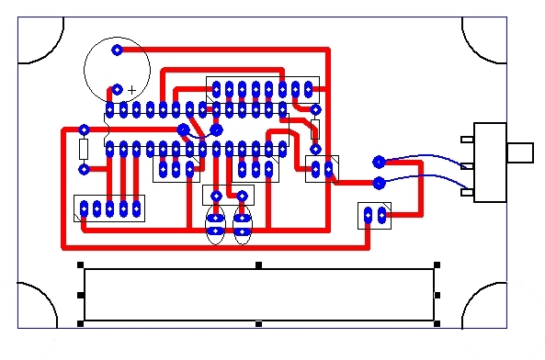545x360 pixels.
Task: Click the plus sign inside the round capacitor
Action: tap(131, 90)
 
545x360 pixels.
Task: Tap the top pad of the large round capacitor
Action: tap(117, 50)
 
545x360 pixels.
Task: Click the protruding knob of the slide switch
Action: tap(522, 152)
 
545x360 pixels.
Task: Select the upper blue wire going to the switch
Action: tap(423, 157)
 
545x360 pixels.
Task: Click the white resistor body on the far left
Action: tap(84, 149)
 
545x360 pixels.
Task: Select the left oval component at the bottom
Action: tap(215, 225)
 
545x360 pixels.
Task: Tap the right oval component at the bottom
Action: tap(243, 225)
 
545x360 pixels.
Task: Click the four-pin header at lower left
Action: tap(109, 208)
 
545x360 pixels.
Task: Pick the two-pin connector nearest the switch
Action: tap(374, 216)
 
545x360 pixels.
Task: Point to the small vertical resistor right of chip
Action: tap(315, 129)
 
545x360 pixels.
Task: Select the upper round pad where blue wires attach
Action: tap(378, 162)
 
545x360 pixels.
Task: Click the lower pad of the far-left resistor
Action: tap(84, 169)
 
